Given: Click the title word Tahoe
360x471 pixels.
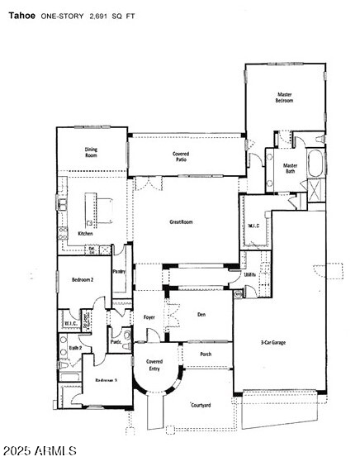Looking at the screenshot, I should pyautogui.click(x=22, y=15).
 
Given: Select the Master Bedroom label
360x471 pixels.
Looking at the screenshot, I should pyautogui.click(x=284, y=98).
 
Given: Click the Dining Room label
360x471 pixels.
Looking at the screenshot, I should pyautogui.click(x=91, y=153).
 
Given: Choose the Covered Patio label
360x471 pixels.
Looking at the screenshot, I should pyautogui.click(x=181, y=156).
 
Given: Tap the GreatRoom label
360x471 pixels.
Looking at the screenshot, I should pyautogui.click(x=181, y=221).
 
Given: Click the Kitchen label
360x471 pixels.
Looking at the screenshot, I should pyautogui.click(x=86, y=234).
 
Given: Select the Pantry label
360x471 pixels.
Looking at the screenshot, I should pyautogui.click(x=119, y=270).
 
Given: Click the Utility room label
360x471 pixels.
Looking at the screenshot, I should pyautogui.click(x=249, y=275).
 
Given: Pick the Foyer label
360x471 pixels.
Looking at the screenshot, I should pyautogui.click(x=149, y=316).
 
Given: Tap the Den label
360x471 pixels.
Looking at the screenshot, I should pyautogui.click(x=201, y=314).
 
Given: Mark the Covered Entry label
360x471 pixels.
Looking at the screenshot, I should pyautogui.click(x=154, y=364).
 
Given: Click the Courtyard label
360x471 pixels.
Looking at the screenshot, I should pyautogui.click(x=201, y=405).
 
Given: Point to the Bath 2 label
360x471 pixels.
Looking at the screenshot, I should pyautogui.click(x=75, y=349).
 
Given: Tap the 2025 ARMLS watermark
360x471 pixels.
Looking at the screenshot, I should pyautogui.click(x=40, y=451).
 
